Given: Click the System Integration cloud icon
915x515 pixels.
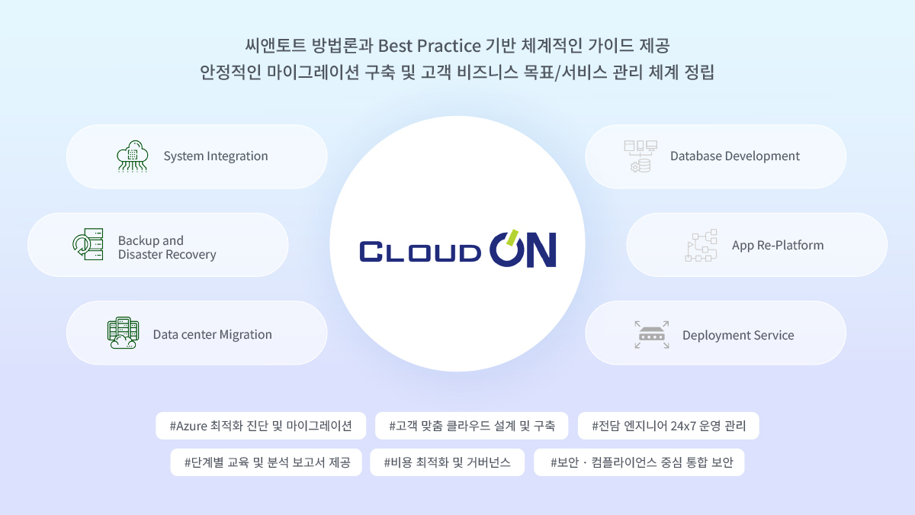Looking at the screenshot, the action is (x=132, y=156).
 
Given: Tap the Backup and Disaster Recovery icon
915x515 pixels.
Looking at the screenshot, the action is (x=88, y=244).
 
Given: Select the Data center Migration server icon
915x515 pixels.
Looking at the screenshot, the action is (x=123, y=333).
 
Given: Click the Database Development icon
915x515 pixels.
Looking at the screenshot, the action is (x=640, y=156).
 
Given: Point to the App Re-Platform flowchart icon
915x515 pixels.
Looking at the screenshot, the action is (x=701, y=245).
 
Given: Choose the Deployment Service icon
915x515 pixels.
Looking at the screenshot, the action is (x=652, y=335).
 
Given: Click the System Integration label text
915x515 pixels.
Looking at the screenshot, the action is (x=216, y=156).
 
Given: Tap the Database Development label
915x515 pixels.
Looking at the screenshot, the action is (x=735, y=156).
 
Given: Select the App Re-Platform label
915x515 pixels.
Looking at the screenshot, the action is (x=778, y=245).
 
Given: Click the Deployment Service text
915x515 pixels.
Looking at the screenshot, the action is (x=738, y=335).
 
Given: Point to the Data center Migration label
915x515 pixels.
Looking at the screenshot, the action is (x=213, y=334).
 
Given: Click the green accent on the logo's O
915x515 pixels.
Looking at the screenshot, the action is (x=512, y=237).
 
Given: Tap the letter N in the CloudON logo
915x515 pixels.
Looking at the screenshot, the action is (x=541, y=250).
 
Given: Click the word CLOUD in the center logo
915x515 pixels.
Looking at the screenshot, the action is (x=420, y=252).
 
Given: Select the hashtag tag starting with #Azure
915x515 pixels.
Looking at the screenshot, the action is (x=261, y=426).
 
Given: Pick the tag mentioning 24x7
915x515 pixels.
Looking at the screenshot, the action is (x=668, y=426).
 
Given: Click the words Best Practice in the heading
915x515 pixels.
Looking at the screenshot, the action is (x=429, y=45).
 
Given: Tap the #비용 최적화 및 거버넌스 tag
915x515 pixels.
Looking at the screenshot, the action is (x=447, y=462).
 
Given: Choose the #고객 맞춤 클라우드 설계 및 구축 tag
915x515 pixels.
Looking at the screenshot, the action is (x=471, y=426).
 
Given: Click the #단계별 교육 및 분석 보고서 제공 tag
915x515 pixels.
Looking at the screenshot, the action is (x=266, y=462).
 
